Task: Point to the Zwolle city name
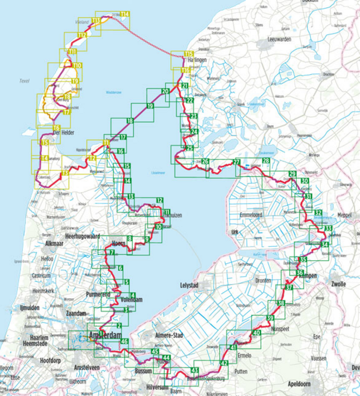[x=338, y=284]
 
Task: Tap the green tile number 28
[x=266, y=161]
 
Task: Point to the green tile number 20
[x=165, y=91]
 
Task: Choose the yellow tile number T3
[x=65, y=173]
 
